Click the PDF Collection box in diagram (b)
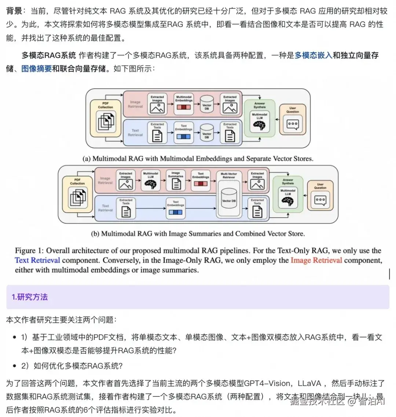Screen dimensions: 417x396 [77, 194]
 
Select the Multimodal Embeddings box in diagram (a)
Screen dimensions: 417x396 [184, 104]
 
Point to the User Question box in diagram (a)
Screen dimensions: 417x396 [293, 119]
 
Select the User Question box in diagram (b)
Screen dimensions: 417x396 [320, 195]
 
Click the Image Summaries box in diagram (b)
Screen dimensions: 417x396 [176, 180]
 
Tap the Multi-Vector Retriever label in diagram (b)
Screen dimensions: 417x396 [229, 175]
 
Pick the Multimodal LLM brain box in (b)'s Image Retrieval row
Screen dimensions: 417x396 [151, 180]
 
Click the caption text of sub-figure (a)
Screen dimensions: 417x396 [198, 159]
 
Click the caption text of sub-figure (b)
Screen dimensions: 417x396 [198, 233]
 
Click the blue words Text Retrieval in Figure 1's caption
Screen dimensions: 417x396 [37, 260]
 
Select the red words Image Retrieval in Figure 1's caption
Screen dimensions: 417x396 [316, 260]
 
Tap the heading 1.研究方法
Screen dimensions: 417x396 [30, 297]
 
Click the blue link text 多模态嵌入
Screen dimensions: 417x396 [313, 55]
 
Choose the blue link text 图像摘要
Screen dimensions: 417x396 [37, 69]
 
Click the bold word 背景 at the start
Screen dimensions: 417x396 [14, 11]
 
